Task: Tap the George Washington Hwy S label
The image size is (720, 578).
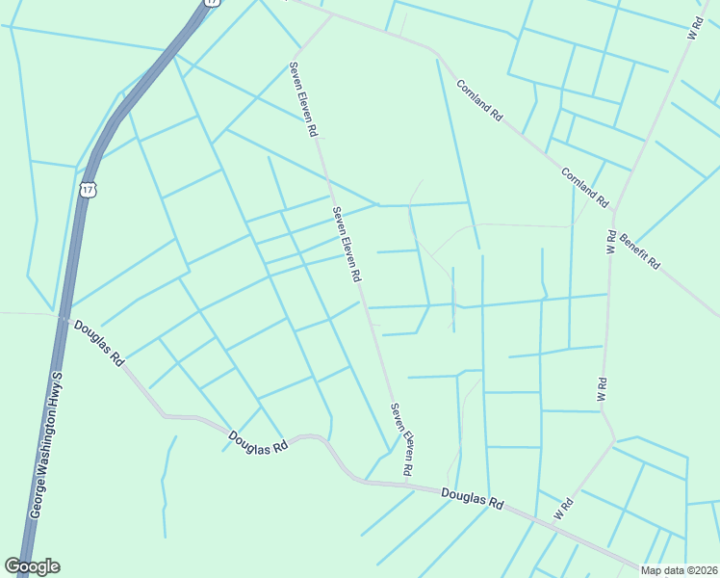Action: click(47, 446)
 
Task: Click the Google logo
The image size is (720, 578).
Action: click(32, 566)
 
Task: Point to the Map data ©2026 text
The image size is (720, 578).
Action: click(679, 570)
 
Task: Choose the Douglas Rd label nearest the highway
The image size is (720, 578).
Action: click(100, 343)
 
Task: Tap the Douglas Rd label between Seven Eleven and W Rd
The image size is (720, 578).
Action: click(473, 499)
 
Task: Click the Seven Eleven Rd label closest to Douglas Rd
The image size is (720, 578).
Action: click(401, 438)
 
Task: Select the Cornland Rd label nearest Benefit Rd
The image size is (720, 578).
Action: click(586, 188)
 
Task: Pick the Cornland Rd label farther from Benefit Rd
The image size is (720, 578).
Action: click(479, 100)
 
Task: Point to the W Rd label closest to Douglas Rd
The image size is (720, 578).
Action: click(564, 509)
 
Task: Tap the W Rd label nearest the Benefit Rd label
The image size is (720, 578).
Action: click(611, 241)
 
